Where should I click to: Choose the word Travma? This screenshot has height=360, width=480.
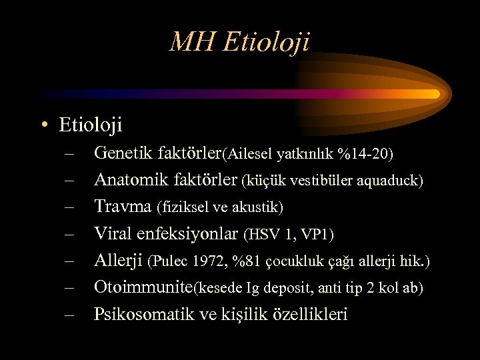pos(123,207)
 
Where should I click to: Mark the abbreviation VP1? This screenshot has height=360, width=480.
pos(315,235)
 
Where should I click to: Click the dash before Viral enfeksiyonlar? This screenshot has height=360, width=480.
pos(70,234)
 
